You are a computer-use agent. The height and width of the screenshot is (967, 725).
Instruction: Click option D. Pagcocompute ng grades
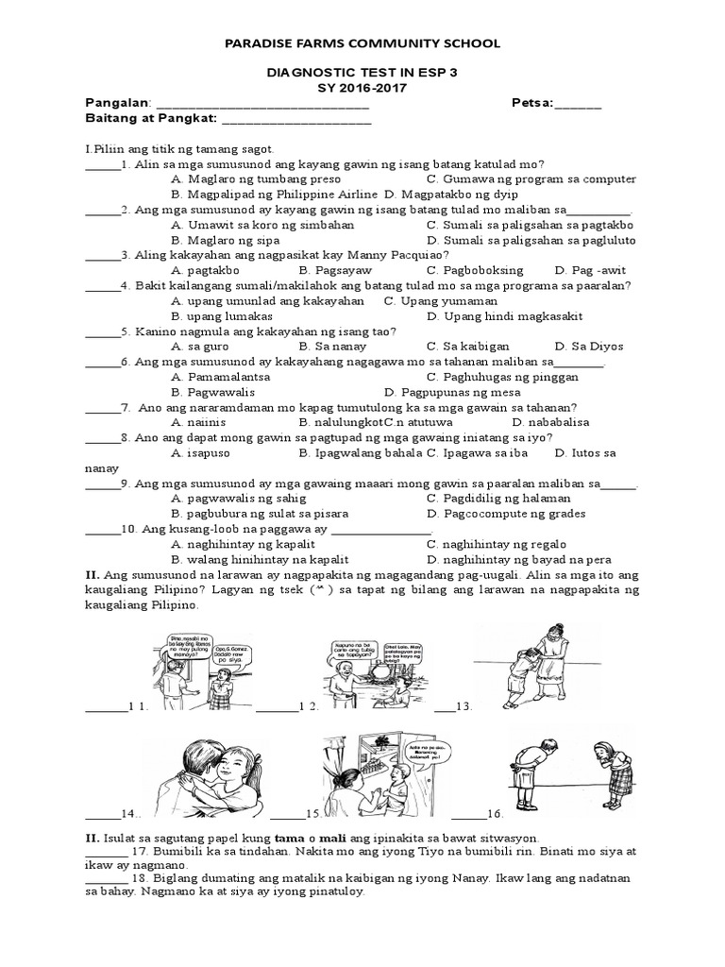pyautogui.click(x=505, y=514)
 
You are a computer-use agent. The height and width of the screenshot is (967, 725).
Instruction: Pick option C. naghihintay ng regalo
pyautogui.click(x=496, y=544)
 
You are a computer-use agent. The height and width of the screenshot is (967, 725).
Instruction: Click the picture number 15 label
pyautogui.click(x=312, y=813)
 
